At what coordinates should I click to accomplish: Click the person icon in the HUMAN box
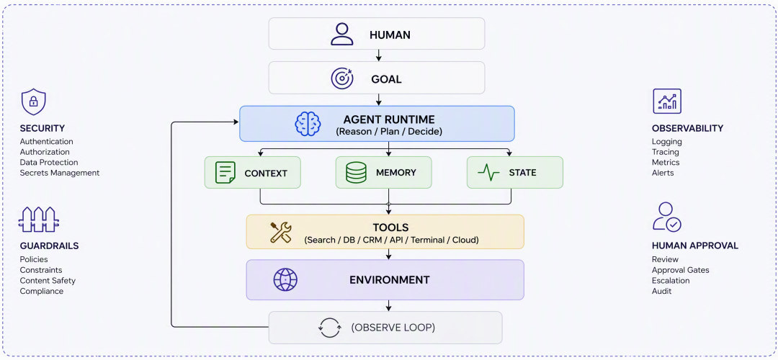click(x=342, y=35)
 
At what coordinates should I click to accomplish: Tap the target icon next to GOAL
click(x=342, y=78)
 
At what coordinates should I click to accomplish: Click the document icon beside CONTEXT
click(x=225, y=173)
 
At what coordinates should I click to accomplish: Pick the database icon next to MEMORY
click(x=356, y=173)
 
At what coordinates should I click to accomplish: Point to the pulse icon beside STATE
click(x=488, y=173)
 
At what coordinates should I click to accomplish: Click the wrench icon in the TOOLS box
click(x=281, y=232)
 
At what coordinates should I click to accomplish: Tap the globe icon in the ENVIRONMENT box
click(x=285, y=279)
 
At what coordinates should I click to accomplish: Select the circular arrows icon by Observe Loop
click(x=330, y=328)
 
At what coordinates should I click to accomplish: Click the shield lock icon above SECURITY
click(x=33, y=102)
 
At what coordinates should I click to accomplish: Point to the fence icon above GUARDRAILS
click(x=39, y=219)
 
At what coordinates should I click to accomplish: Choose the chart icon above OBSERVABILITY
click(x=667, y=101)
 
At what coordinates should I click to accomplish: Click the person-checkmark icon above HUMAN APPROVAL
click(x=667, y=217)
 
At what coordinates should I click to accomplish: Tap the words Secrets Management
click(x=60, y=173)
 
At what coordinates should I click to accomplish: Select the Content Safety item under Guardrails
click(x=48, y=281)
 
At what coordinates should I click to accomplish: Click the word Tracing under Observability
click(x=666, y=152)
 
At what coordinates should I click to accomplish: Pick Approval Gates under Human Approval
click(x=680, y=270)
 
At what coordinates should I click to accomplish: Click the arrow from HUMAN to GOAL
click(x=379, y=55)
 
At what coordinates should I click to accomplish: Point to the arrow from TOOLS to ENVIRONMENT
click(x=388, y=254)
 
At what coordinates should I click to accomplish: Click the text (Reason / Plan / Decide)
click(x=388, y=132)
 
